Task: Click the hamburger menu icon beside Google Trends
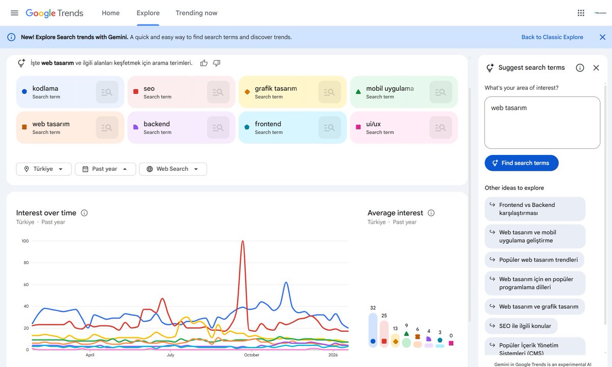14,13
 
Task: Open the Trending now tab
196,13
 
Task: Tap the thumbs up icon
204,63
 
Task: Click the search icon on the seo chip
218,92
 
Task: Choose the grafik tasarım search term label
275,89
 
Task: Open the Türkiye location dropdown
44,169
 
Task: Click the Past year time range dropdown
105,169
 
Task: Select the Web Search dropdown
173,169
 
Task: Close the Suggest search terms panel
596,68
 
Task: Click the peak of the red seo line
243,241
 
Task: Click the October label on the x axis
251,355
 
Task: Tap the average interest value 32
373,308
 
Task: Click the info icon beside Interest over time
84,213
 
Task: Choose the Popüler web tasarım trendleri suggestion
534,260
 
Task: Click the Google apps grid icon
580,13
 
